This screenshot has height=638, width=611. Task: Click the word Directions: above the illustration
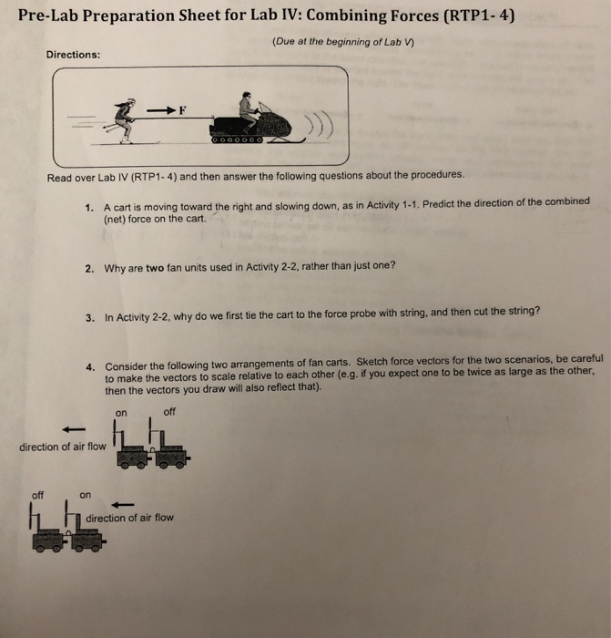(x=74, y=54)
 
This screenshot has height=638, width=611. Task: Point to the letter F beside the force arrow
(x=182, y=110)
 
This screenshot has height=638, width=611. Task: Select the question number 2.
(x=89, y=268)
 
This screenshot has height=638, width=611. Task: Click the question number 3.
(x=89, y=318)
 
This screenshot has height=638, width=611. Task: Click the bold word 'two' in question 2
(x=155, y=268)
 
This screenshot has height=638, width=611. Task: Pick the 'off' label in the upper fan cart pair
(x=169, y=411)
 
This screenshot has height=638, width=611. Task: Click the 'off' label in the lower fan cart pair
(x=37, y=495)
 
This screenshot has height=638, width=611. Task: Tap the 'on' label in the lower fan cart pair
(x=85, y=495)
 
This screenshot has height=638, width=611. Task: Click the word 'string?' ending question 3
(x=522, y=311)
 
